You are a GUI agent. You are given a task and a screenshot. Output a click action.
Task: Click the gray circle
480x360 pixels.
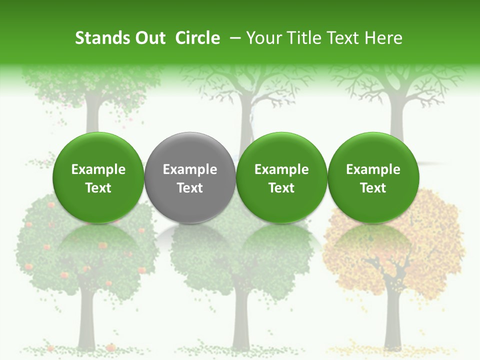pos(190,177)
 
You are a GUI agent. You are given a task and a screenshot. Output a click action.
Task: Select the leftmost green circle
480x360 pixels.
pos(98,177)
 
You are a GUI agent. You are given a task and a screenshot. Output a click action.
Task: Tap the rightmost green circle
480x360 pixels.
pos(373,177)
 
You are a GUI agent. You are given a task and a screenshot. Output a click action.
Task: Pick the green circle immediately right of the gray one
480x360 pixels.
pos(281,177)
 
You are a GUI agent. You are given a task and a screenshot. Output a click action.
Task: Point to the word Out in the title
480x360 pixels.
pos(148,38)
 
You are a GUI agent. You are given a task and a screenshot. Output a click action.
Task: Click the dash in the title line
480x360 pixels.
pos(236,38)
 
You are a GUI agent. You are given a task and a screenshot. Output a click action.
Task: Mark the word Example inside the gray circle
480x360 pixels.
pos(190,169)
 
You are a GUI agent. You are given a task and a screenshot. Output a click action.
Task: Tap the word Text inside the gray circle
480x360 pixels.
pos(190,188)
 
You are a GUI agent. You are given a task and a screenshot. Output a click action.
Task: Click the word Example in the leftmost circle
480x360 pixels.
pos(98,169)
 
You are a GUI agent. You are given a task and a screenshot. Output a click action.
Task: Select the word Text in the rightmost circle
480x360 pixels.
pos(373,188)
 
